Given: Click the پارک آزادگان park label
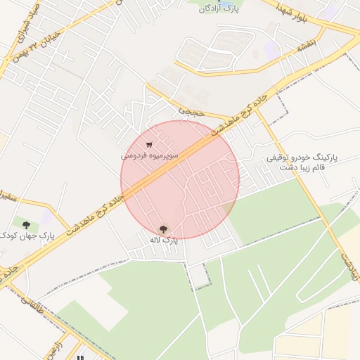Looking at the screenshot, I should coord(219,8).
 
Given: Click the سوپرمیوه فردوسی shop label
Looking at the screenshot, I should coord(149,154).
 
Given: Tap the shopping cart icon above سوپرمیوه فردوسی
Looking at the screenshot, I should coord(148,144).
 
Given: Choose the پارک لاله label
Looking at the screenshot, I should coord(163,240).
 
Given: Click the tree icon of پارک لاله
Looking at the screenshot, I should coord(163,229).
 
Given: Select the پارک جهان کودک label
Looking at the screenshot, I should coord(27,234).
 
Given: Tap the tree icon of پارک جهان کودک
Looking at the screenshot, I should coord(26,224).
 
